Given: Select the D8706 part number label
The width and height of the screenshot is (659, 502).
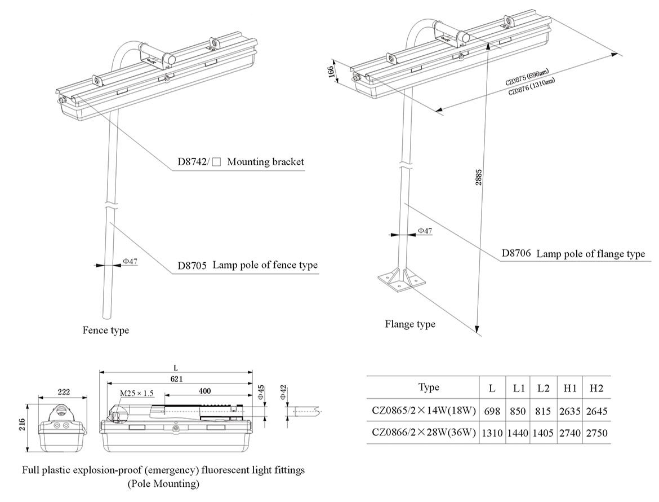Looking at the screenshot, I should (x=516, y=254).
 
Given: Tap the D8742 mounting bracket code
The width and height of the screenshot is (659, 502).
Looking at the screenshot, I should (x=191, y=162).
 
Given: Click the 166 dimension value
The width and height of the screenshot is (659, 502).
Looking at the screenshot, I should (x=332, y=72).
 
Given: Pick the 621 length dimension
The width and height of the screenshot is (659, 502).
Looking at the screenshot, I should (x=175, y=378).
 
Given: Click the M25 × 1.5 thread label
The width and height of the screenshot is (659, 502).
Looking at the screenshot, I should (x=136, y=393).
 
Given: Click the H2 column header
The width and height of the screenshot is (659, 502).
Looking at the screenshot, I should (x=596, y=388).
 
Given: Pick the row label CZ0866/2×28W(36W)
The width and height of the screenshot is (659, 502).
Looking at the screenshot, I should (x=423, y=433).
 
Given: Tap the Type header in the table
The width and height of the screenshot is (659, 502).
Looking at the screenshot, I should (x=429, y=387).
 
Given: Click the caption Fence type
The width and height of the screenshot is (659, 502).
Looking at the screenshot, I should (x=106, y=330).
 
